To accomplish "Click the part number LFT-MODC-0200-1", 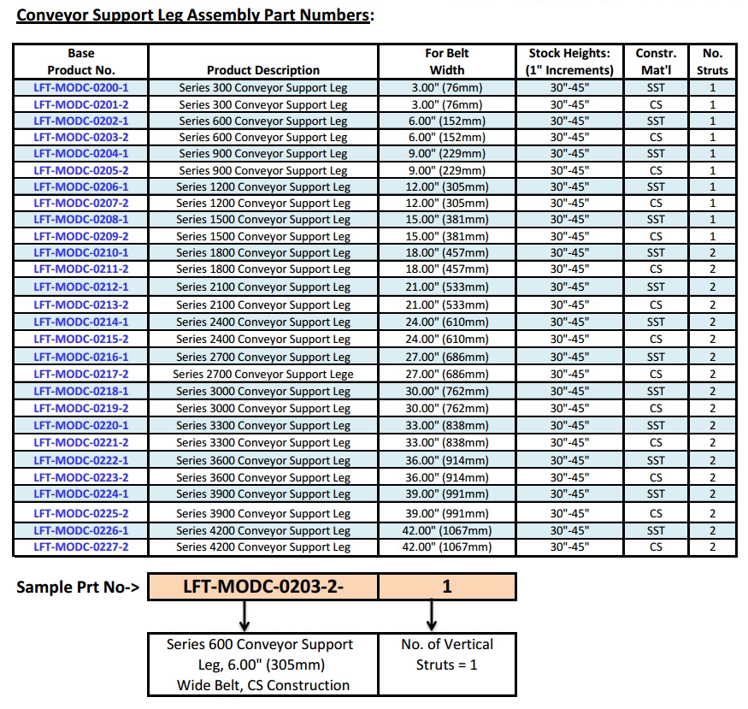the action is coord(81,87).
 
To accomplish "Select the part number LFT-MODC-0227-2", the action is coord(81,547).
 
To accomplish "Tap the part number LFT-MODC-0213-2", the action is coord(81,304).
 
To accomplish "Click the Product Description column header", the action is coord(263,70).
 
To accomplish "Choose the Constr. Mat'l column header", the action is coord(656,62).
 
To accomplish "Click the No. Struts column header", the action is coord(712,62).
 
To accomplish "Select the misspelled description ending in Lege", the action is coord(263,374).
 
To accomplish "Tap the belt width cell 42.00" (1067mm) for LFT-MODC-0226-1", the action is coord(447,530).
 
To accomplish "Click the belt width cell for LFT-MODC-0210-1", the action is coord(447,252).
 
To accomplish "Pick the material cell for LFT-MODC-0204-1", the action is coord(656,154).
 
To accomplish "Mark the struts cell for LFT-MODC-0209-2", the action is coord(712,236).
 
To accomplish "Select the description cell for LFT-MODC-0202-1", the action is coord(263,121).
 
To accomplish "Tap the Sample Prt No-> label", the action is coord(78,588).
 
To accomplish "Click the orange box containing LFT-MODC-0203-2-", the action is coord(262,587).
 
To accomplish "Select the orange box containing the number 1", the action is coord(447,587).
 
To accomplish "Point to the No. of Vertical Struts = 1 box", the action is coord(447,654).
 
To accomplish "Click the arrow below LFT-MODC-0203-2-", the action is coord(245,614).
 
